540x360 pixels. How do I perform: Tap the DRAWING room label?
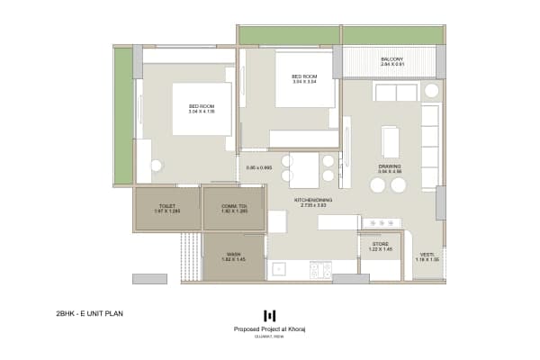(x=390, y=167)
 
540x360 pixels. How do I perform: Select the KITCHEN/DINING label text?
(x=313, y=202)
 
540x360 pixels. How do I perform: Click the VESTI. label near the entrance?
(x=426, y=256)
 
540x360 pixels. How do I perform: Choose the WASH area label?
(x=233, y=256)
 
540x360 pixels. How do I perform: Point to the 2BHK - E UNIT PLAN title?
(x=88, y=314)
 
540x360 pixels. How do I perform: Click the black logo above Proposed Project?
(x=269, y=315)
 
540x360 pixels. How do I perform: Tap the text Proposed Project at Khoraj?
(x=269, y=329)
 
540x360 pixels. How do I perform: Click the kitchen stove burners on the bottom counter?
(x=320, y=269)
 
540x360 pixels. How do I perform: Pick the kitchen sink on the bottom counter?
(x=279, y=268)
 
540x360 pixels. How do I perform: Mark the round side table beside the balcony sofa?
(x=431, y=92)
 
